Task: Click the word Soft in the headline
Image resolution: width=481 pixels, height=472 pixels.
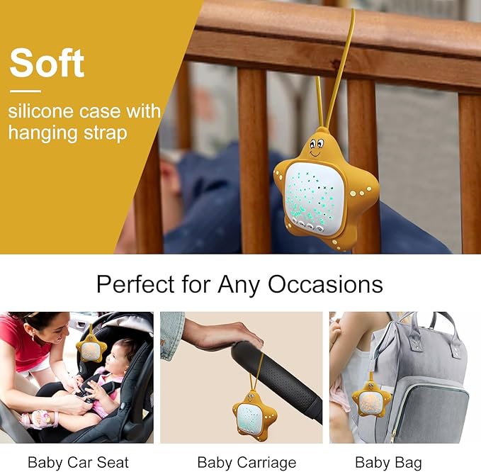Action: point(47,63)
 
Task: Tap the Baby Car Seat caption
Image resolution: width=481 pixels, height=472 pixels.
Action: point(78,463)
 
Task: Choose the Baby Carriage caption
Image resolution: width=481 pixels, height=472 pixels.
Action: point(247,463)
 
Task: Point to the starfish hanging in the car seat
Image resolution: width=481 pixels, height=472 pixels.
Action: point(91,349)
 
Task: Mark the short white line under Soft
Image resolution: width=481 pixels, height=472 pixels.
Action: point(25,91)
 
